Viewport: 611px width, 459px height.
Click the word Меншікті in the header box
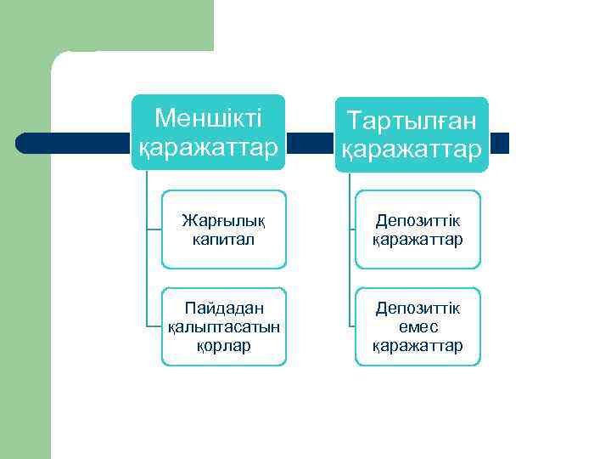click(208, 117)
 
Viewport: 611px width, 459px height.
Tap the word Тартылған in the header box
click(413, 122)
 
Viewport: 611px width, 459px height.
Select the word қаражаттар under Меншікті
click(208, 147)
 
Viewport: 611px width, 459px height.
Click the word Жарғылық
click(224, 220)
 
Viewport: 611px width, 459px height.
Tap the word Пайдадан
click(224, 308)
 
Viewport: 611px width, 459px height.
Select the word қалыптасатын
click(224, 326)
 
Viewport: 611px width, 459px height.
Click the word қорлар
click(224, 345)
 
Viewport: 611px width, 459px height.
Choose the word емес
click(418, 326)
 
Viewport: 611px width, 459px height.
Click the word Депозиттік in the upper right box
click(418, 220)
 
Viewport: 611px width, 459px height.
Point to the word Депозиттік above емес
click(418, 308)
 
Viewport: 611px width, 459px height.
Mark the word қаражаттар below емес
click(418, 345)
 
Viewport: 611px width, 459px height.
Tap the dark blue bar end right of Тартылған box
click(499, 143)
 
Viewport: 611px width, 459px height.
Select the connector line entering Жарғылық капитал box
click(154, 229)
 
